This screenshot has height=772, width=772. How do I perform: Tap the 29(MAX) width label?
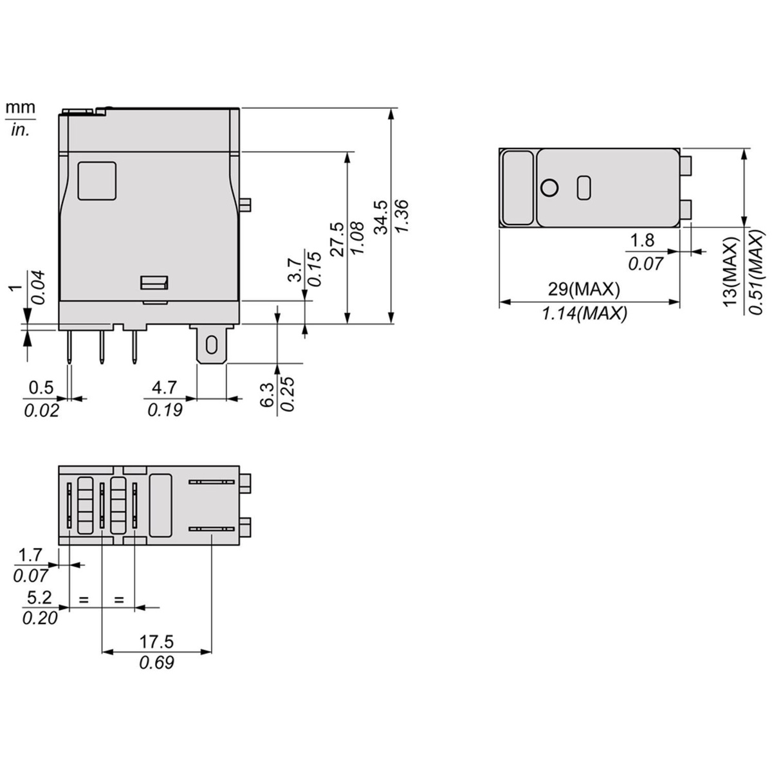tap(584, 289)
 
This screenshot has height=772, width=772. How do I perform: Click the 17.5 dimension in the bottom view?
tap(156, 641)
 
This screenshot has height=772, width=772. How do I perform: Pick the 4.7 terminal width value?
tap(164, 387)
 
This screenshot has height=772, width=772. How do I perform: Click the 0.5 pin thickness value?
tap(41, 387)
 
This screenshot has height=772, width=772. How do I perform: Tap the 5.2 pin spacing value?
tap(39, 598)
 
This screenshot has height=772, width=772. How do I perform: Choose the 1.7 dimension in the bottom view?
tap(30, 555)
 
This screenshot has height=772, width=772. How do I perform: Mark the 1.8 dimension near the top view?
tap(641, 241)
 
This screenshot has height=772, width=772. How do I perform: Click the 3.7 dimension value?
tap(294, 270)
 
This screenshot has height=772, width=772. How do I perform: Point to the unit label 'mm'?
tap(21, 107)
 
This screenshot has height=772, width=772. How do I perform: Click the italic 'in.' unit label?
tap(21, 129)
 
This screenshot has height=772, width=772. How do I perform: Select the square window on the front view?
tap(96, 180)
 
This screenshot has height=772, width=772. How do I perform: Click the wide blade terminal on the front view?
tap(211, 346)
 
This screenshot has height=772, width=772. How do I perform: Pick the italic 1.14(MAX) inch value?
tap(584, 314)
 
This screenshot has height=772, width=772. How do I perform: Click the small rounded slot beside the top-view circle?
tap(584, 187)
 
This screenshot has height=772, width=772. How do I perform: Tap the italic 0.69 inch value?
tap(156, 663)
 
